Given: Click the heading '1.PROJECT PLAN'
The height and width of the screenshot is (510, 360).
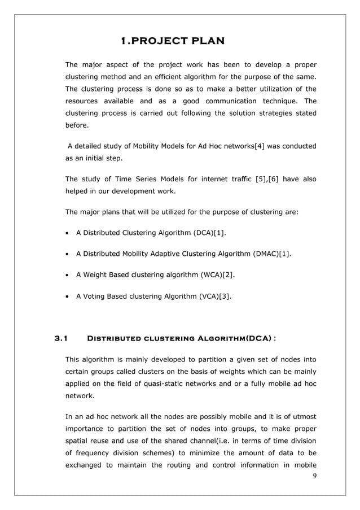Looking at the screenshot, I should [173, 41].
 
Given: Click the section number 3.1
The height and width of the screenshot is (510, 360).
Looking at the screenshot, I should [60, 339].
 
